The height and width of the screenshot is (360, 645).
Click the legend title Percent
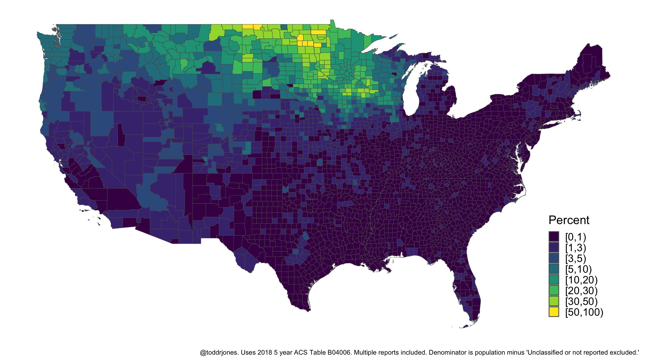tap(569, 220)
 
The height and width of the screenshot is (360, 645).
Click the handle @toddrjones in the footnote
tap(219, 352)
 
